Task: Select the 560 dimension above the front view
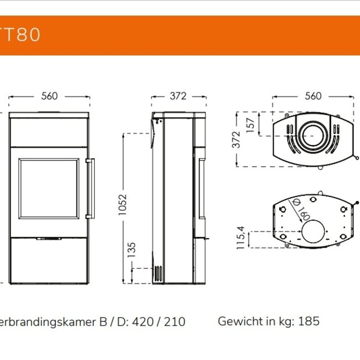(49, 96)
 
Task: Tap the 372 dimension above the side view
(178, 96)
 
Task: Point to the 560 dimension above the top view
(313, 96)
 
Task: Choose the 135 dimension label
(132, 250)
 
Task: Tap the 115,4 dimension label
(241, 238)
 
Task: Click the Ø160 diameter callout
(302, 210)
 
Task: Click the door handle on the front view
(90, 189)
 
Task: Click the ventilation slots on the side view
(158, 274)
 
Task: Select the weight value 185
(310, 321)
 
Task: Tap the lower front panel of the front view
(49, 260)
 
